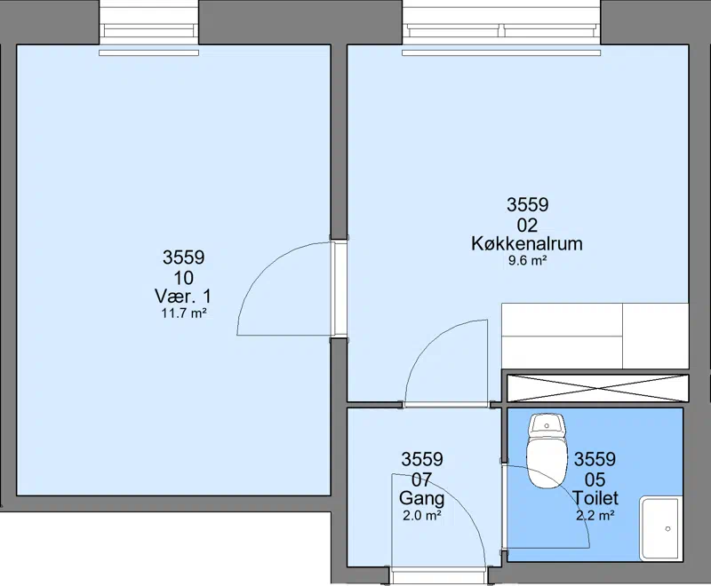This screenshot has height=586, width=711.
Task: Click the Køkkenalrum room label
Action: click(x=527, y=243)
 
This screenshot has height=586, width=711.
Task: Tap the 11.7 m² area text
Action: click(x=184, y=313)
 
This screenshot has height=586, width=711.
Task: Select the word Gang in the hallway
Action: click(x=421, y=499)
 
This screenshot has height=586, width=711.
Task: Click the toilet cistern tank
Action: click(x=547, y=424)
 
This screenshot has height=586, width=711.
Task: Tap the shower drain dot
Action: click(x=667, y=528)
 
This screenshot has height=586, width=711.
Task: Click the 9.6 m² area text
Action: click(x=527, y=261)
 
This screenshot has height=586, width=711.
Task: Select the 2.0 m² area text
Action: click(x=422, y=515)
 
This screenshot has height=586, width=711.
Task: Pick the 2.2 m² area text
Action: click(x=595, y=515)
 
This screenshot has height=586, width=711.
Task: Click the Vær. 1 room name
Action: click(x=183, y=297)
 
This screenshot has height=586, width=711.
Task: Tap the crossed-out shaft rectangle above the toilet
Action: click(x=597, y=388)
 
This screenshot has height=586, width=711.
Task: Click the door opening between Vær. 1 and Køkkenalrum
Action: click(x=339, y=289)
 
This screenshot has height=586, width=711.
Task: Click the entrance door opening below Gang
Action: click(x=438, y=575)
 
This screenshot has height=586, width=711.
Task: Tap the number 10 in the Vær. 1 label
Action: click(x=184, y=278)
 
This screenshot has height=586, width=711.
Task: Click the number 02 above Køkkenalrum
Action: click(x=527, y=225)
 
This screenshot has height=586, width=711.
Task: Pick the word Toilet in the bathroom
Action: click(x=595, y=498)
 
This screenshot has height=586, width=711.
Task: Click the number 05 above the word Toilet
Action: click(x=595, y=479)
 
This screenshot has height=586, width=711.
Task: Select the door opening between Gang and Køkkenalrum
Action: click(x=447, y=404)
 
